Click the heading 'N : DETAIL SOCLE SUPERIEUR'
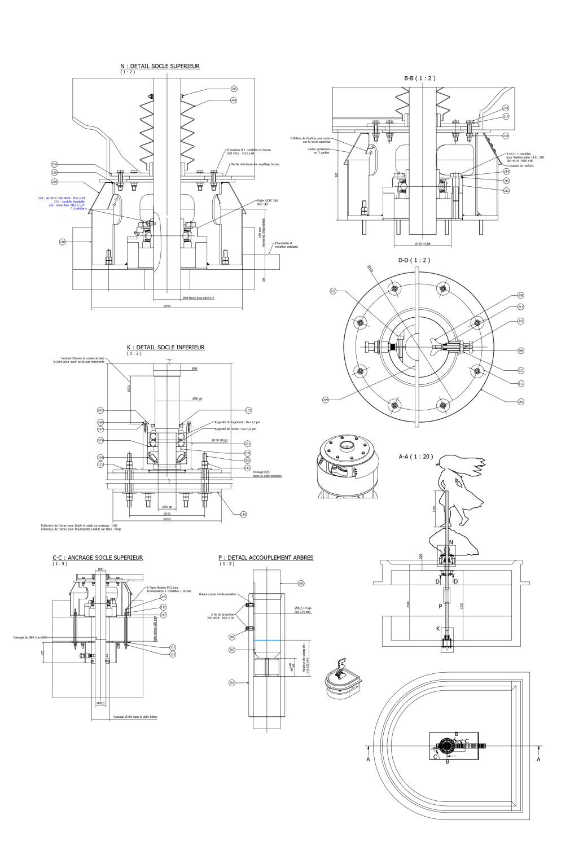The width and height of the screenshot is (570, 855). coord(160,66)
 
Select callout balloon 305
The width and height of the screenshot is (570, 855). coord(234,89)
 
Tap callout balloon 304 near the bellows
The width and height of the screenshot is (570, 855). coord(234,100)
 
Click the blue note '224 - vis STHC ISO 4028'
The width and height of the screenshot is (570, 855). coord(62,198)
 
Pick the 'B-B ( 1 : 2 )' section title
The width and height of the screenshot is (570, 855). coord(419,78)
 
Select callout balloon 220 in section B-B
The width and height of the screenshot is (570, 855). coord(506,136)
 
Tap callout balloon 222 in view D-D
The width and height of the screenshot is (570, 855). coord(333,291)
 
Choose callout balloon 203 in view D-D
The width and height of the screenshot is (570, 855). coord(520,401)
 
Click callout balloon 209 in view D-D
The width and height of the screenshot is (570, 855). coord(326,400)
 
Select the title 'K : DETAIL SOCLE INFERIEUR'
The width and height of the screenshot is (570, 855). coord(165,348)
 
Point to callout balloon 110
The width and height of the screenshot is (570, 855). coord(243,514)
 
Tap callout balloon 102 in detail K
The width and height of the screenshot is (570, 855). coord(100,410)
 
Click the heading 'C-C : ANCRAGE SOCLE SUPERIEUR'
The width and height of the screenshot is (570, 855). coord(98,558)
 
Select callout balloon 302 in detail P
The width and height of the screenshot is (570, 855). coord(301,583)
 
